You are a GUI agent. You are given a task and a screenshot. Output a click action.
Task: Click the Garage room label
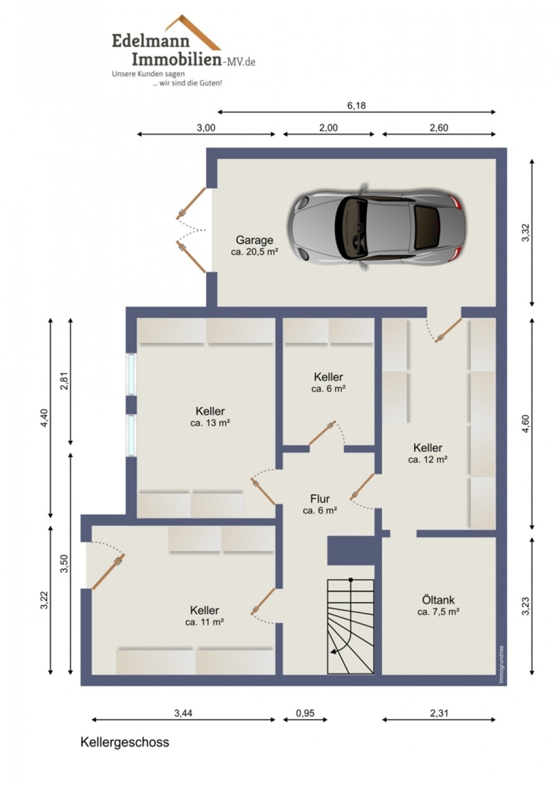pyautogui.click(x=254, y=240)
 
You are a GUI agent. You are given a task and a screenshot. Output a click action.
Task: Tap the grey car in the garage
pyautogui.click(x=377, y=227)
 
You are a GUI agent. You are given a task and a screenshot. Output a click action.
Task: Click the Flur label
pyautogui.click(x=320, y=499)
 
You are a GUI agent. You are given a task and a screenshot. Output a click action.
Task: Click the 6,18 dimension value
pyautogui.click(x=356, y=106)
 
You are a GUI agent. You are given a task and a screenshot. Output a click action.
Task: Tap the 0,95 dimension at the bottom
pyautogui.click(x=305, y=714)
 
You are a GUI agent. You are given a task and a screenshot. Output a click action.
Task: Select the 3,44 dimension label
pyautogui.click(x=183, y=713)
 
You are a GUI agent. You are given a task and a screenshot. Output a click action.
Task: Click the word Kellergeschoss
pyautogui.click(x=125, y=743)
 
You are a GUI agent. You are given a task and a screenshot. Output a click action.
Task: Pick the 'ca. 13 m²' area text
pyautogui.click(x=210, y=423)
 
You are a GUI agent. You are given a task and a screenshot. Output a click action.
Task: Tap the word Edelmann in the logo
pyautogui.click(x=151, y=41)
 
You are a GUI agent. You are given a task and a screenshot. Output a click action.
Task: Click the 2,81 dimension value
pyautogui.click(x=64, y=381)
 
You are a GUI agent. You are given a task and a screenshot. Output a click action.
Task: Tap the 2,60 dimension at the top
pyautogui.click(x=439, y=128)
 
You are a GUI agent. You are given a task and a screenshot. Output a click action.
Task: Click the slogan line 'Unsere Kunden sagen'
pyautogui.click(x=148, y=74)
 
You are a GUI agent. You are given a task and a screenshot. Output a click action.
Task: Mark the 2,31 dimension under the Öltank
pyautogui.click(x=439, y=714)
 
